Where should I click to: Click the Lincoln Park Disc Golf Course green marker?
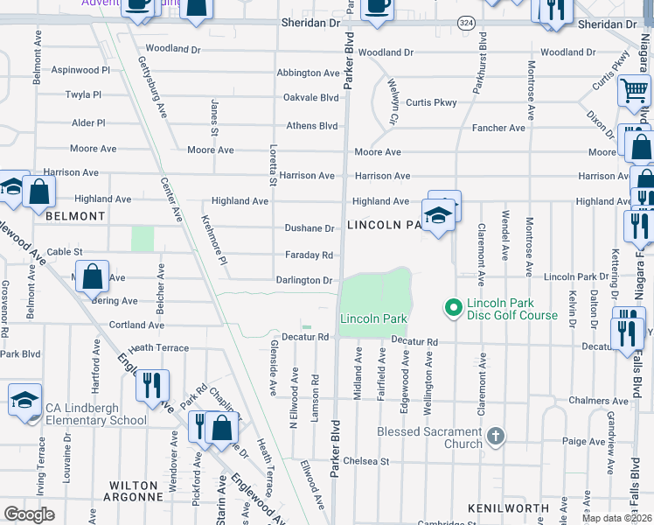click(453, 307)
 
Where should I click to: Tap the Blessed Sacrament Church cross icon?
click(495, 436)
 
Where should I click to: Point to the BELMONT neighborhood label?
click(75, 215)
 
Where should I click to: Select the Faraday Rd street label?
click(309, 255)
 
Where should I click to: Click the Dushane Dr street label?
click(310, 228)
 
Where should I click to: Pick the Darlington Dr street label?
click(304, 281)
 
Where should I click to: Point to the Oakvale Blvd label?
click(310, 98)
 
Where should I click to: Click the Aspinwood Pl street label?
click(80, 69)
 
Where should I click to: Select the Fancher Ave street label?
click(498, 128)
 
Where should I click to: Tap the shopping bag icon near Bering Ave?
click(93, 277)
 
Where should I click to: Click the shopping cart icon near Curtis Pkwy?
click(634, 90)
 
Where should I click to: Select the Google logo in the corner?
click(30, 514)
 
